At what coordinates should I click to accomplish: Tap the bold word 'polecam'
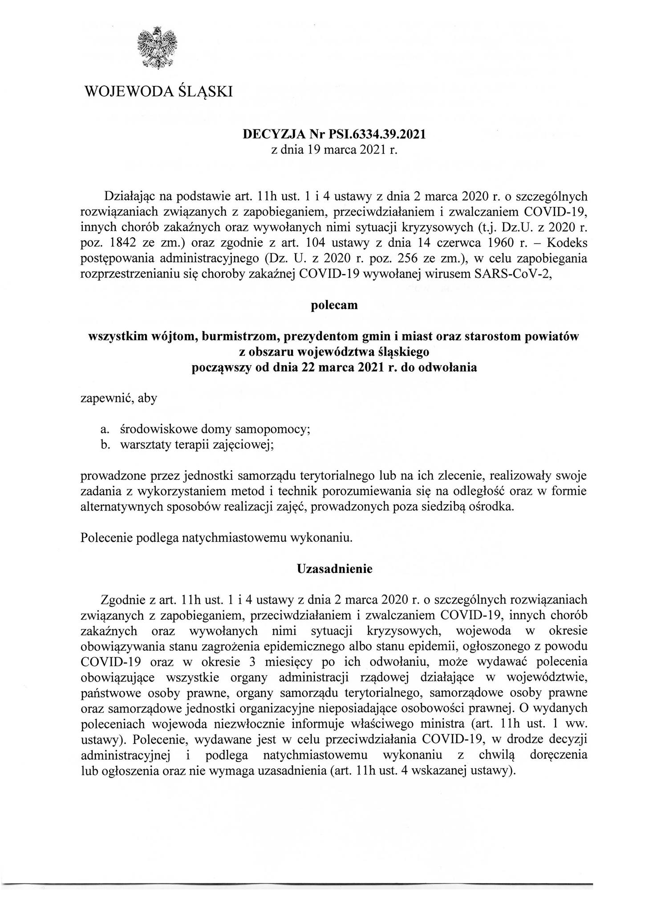click(x=334, y=306)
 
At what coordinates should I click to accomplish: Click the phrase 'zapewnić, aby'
click(x=118, y=398)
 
